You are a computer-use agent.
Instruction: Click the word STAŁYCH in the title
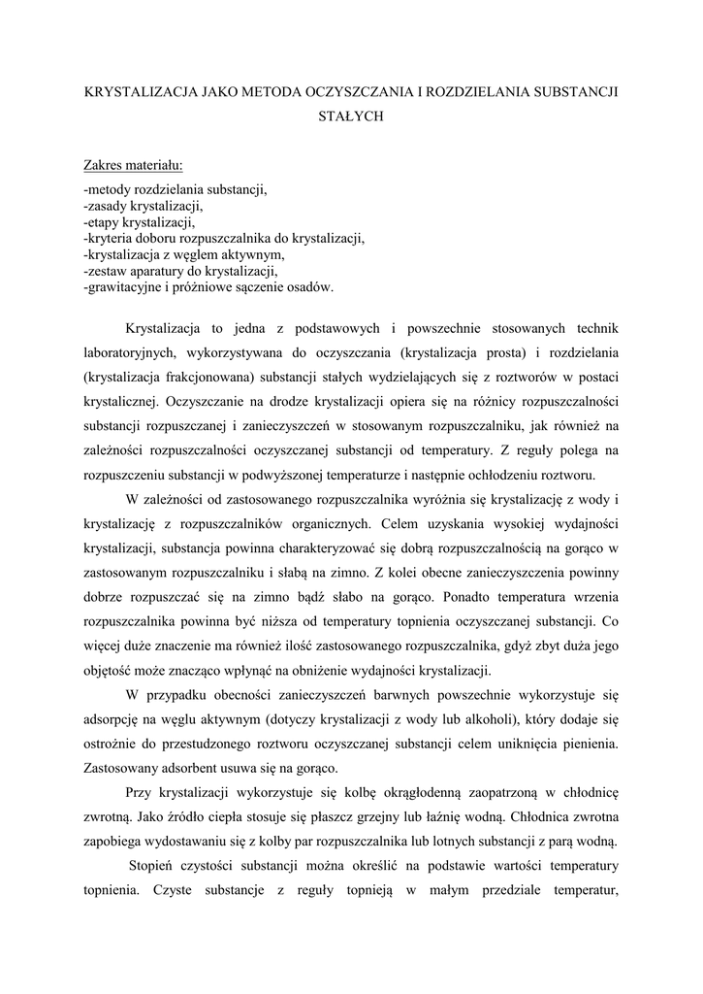(352, 116)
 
